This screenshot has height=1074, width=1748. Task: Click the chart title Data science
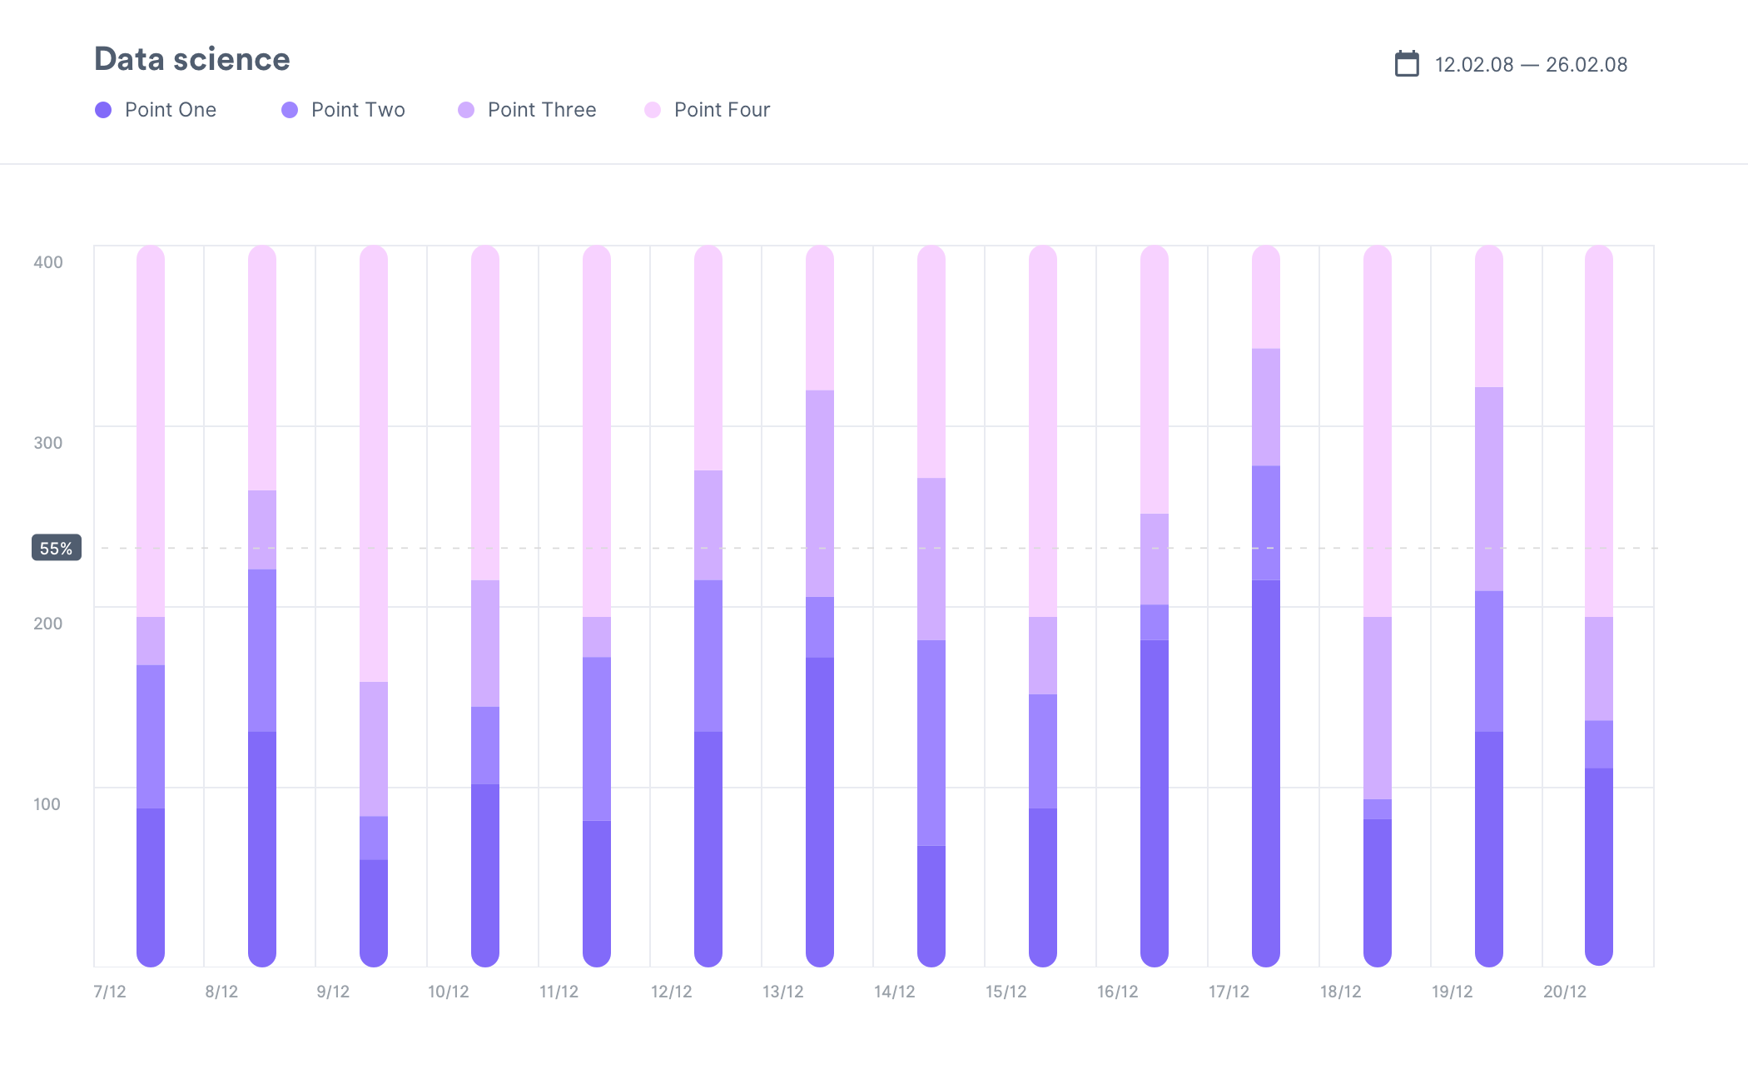(191, 59)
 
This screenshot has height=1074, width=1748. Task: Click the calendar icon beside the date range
(1407, 64)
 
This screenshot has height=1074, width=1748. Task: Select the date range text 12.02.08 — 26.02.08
(1531, 65)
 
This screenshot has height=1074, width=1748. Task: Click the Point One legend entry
(156, 110)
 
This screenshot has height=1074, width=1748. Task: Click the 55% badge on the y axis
(57, 548)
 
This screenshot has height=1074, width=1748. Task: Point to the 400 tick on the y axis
(48, 262)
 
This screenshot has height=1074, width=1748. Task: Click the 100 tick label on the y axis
(47, 804)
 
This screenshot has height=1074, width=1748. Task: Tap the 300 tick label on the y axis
(48, 443)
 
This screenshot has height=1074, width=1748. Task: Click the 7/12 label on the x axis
(110, 992)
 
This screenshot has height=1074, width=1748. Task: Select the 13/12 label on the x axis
(783, 992)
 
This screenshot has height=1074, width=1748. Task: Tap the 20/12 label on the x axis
(1565, 992)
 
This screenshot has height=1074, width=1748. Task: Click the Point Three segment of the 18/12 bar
(1378, 708)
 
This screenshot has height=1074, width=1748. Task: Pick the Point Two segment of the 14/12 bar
(931, 741)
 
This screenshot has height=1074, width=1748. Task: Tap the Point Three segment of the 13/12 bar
(820, 493)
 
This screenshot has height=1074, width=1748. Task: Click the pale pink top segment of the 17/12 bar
(1266, 300)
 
